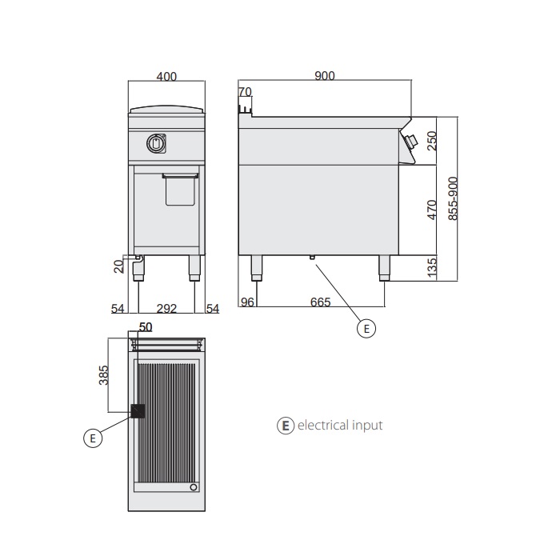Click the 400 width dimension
tap(166, 77)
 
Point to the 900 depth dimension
tap(325, 76)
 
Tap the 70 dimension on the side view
tap(246, 92)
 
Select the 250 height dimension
tap(432, 140)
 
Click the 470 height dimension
tap(432, 210)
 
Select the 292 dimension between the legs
tap(166, 307)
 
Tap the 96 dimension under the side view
tap(247, 302)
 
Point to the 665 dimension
tap(320, 302)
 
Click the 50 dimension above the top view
tap(146, 326)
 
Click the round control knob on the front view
tap(155, 143)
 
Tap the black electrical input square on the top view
tap(138, 410)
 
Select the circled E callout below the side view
tap(365, 327)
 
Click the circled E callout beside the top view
tap(93, 437)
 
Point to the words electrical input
tap(340, 426)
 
